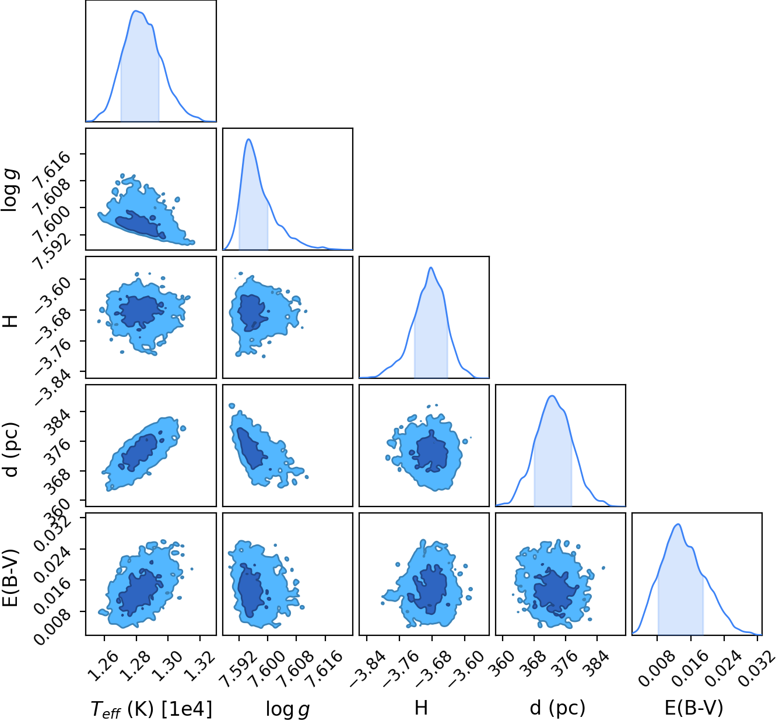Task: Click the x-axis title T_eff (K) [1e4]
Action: (152, 709)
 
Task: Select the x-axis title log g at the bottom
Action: (287, 709)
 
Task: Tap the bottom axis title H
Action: (421, 708)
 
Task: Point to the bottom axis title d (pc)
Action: (557, 708)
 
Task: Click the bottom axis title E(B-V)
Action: (694, 708)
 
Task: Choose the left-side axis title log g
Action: (9, 190)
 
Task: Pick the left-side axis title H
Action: (10, 321)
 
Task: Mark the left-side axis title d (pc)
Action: (10, 449)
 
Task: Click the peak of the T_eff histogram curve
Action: (135, 10)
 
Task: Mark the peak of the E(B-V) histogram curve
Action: (678, 524)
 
